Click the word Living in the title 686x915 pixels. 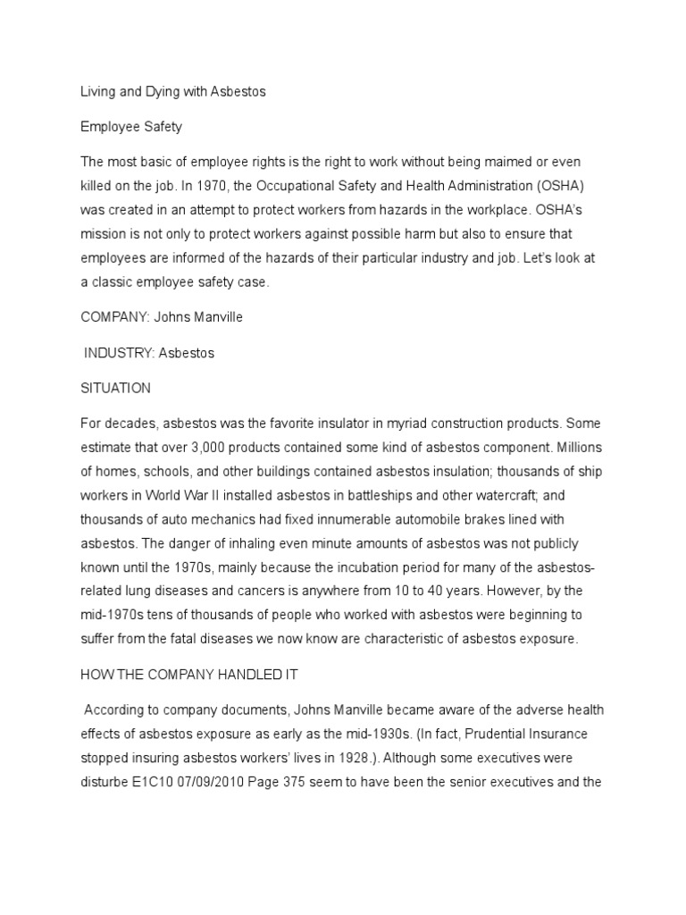(x=99, y=92)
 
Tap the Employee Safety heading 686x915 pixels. (x=131, y=127)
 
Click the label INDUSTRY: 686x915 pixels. (x=118, y=353)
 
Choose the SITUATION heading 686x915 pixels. (x=115, y=388)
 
